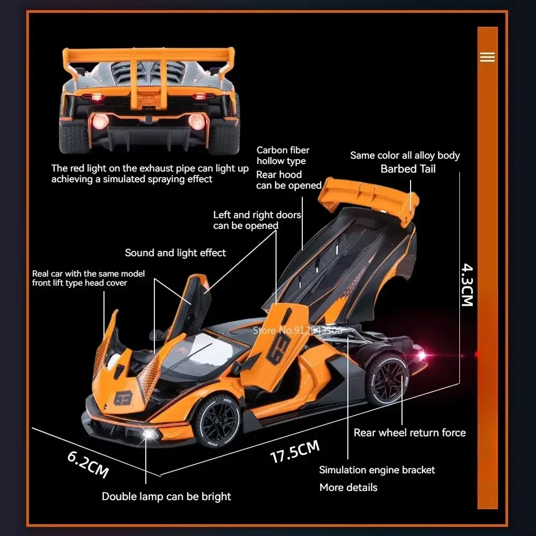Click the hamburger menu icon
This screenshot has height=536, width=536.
click(487, 57)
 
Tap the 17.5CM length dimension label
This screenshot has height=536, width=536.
click(294, 451)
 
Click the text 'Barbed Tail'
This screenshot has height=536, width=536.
click(408, 169)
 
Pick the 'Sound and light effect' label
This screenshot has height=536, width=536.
click(175, 252)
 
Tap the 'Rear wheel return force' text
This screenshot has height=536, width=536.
click(410, 433)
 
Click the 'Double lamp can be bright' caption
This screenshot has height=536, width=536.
click(166, 496)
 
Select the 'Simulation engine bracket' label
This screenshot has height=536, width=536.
click(377, 470)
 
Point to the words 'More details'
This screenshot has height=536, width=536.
click(348, 487)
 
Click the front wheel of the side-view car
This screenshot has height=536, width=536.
click(219, 422)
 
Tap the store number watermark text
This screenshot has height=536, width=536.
click(297, 330)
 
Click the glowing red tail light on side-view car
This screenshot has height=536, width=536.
click(421, 354)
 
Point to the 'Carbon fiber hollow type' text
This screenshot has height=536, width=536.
click(282, 155)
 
